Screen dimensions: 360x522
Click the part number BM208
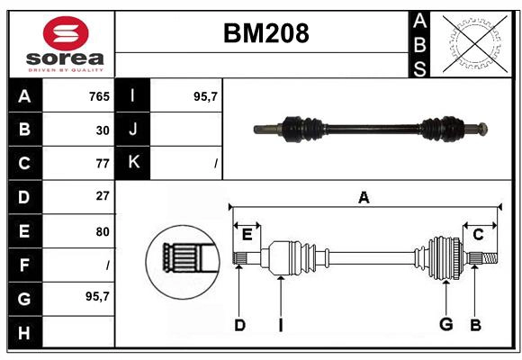click(x=265, y=33)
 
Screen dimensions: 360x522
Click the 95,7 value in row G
click(x=98, y=297)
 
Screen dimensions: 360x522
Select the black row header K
click(x=133, y=163)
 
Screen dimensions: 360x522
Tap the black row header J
click(x=133, y=130)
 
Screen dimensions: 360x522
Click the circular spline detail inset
click(x=183, y=260)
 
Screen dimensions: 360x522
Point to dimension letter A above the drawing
click(x=364, y=198)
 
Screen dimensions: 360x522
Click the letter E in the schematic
click(x=247, y=235)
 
